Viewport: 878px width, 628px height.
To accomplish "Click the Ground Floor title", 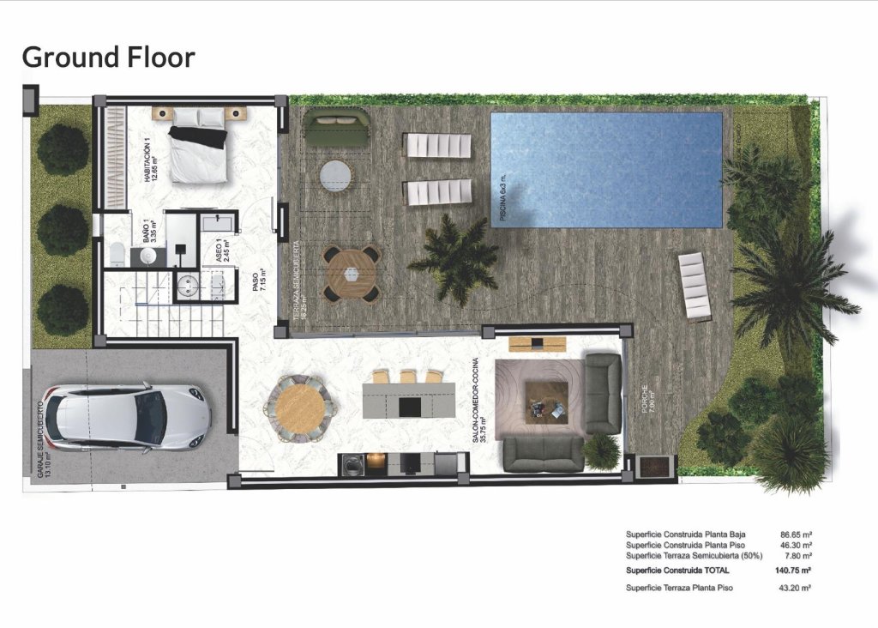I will click(x=108, y=57).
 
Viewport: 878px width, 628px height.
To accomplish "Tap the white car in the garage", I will click(x=126, y=418).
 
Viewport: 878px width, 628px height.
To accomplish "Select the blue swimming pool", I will click(x=605, y=169).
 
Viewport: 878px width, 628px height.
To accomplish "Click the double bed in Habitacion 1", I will click(x=199, y=152).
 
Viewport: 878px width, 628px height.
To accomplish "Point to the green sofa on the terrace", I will click(x=337, y=130).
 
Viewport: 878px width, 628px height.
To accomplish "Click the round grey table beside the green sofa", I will click(x=335, y=177).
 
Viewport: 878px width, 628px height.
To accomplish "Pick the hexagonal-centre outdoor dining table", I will click(x=352, y=274).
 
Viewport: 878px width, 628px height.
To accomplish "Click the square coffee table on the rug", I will click(x=546, y=400).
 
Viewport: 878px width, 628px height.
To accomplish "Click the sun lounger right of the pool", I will click(x=695, y=285).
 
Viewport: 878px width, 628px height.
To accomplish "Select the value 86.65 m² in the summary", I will click(x=796, y=534).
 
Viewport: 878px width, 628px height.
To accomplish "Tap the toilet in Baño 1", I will click(x=116, y=252).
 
